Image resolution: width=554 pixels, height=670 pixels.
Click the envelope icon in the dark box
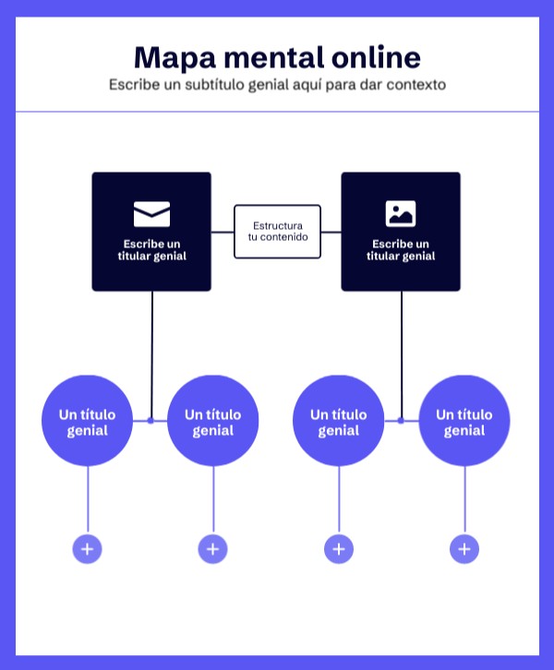151,214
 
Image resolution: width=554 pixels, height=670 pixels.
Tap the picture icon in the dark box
401,214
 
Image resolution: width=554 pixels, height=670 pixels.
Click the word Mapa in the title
172,58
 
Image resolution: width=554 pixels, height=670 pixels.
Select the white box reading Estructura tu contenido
277,231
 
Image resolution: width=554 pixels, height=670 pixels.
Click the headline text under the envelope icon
151,250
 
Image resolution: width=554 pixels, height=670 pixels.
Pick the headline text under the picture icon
401,250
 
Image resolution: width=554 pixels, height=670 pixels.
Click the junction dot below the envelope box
151,421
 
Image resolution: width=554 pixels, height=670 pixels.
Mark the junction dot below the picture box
401,421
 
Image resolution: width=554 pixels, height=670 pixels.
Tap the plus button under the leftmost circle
88,549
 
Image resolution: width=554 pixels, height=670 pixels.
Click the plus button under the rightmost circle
464,549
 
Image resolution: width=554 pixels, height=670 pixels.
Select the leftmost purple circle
88,421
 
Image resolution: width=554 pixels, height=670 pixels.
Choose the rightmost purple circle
464,421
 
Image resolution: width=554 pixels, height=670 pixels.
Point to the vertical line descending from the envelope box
151,351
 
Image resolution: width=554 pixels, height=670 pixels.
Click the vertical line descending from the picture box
401,351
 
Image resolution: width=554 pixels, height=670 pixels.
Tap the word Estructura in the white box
277,224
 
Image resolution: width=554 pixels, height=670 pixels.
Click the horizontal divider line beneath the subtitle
277,112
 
